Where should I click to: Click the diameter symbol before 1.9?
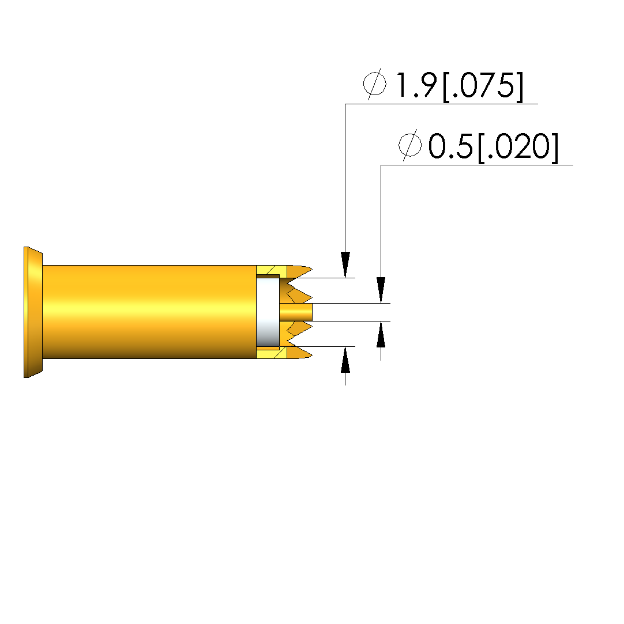[x=375, y=84]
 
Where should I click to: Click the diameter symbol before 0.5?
[x=410, y=145]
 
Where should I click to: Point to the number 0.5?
[x=450, y=146]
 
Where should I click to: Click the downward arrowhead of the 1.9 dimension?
[x=345, y=264]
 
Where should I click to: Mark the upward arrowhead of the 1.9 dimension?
[x=345, y=360]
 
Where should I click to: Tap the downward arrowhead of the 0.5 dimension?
[x=381, y=290]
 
